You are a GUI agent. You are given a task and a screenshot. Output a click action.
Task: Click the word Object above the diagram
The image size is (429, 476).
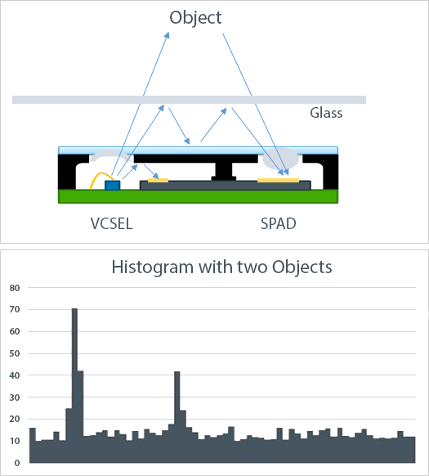click(195, 18)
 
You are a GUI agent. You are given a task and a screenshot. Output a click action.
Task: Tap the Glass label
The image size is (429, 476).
click(326, 113)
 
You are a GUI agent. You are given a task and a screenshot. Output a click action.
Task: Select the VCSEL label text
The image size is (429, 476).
click(112, 224)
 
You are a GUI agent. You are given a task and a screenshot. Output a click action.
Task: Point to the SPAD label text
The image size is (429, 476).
click(278, 224)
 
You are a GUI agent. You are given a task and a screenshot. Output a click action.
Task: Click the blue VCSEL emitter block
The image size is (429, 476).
click(112, 185)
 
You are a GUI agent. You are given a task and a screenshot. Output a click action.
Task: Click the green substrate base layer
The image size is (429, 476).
click(198, 196)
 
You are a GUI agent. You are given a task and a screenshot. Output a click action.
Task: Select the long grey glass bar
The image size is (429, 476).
click(189, 100)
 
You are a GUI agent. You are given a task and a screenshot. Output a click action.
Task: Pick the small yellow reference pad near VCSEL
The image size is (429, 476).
click(158, 180)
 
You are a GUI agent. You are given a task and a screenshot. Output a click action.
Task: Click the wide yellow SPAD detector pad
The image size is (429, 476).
click(278, 180)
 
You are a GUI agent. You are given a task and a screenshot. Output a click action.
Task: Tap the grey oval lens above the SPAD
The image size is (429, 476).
click(280, 159)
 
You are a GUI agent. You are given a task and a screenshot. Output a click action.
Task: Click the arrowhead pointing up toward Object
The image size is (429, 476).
click(167, 35)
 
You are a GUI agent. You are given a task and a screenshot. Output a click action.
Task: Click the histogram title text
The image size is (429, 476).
click(221, 267)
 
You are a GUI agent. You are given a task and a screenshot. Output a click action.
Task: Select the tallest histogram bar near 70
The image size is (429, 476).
click(74, 385)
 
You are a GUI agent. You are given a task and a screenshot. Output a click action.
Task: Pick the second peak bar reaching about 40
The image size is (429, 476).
click(177, 417)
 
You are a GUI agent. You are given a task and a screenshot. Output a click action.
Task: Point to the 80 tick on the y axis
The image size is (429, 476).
click(15, 288)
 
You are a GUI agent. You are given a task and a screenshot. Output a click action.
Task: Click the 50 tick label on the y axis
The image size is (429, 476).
click(15, 353)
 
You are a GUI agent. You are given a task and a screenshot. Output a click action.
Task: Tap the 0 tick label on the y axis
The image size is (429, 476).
click(17, 463)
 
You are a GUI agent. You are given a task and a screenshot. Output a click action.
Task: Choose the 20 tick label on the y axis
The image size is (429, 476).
click(15, 420)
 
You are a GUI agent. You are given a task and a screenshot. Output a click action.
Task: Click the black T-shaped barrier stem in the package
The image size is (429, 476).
click(224, 171)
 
